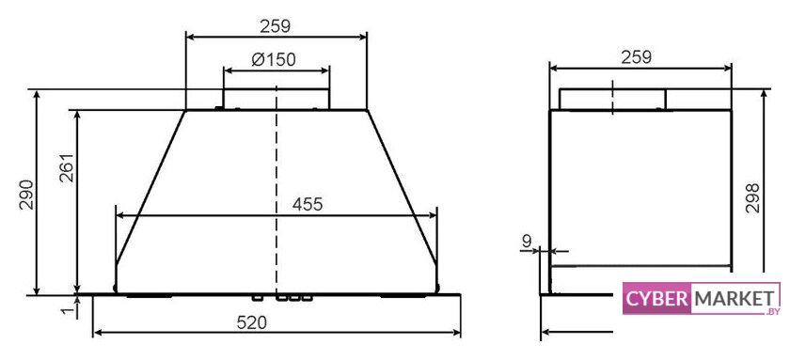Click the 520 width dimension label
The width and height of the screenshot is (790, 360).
(x=251, y=323)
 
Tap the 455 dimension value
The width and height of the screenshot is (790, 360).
(x=307, y=205)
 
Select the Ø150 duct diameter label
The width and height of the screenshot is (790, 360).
(x=273, y=60)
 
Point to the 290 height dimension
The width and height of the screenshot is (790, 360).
(x=27, y=194)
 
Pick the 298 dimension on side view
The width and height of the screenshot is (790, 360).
(x=752, y=198)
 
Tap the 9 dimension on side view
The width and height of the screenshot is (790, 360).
(x=527, y=242)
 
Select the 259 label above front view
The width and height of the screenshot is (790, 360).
(x=275, y=26)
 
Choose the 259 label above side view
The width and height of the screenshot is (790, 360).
(x=637, y=57)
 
